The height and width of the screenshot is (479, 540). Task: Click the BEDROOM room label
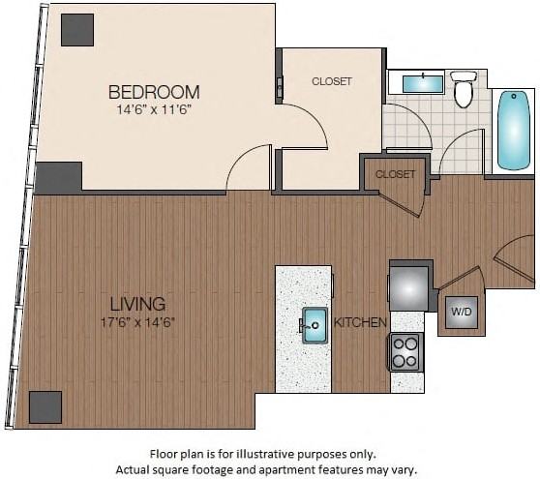coord(154,92)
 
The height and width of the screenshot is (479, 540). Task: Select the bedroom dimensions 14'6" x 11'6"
coord(154,110)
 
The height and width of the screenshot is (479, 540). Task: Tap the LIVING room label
coord(136,304)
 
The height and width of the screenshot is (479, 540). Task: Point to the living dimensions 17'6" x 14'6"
coord(136,321)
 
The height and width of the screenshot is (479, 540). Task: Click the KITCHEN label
coord(361,322)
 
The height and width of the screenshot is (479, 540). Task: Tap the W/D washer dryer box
coord(460,313)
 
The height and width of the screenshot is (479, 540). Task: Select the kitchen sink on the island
coord(314,323)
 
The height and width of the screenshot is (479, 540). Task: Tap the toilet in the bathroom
coord(464,88)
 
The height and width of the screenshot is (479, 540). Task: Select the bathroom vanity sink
coord(422,83)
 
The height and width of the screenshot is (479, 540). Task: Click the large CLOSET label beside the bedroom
coord(332,81)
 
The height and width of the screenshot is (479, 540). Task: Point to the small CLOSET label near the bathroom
coord(395,174)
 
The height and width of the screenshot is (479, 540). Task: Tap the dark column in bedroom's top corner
coord(77,29)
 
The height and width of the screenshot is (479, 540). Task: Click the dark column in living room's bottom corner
coord(45,406)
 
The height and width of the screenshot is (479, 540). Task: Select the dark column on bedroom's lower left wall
coord(58,177)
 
